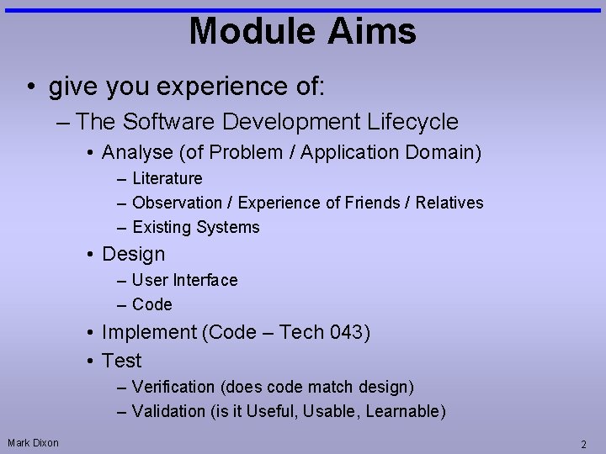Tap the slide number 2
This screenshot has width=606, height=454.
[583, 443]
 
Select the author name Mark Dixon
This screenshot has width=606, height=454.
[34, 442]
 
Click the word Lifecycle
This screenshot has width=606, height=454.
[412, 122]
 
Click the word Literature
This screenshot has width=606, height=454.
[167, 178]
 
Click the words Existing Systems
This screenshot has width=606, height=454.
[196, 227]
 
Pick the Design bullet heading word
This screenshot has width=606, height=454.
[133, 254]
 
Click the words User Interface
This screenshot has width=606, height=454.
[184, 280]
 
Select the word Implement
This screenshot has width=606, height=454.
[148, 333]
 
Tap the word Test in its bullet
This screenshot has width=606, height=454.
[121, 361]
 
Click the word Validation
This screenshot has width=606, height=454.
[168, 411]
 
